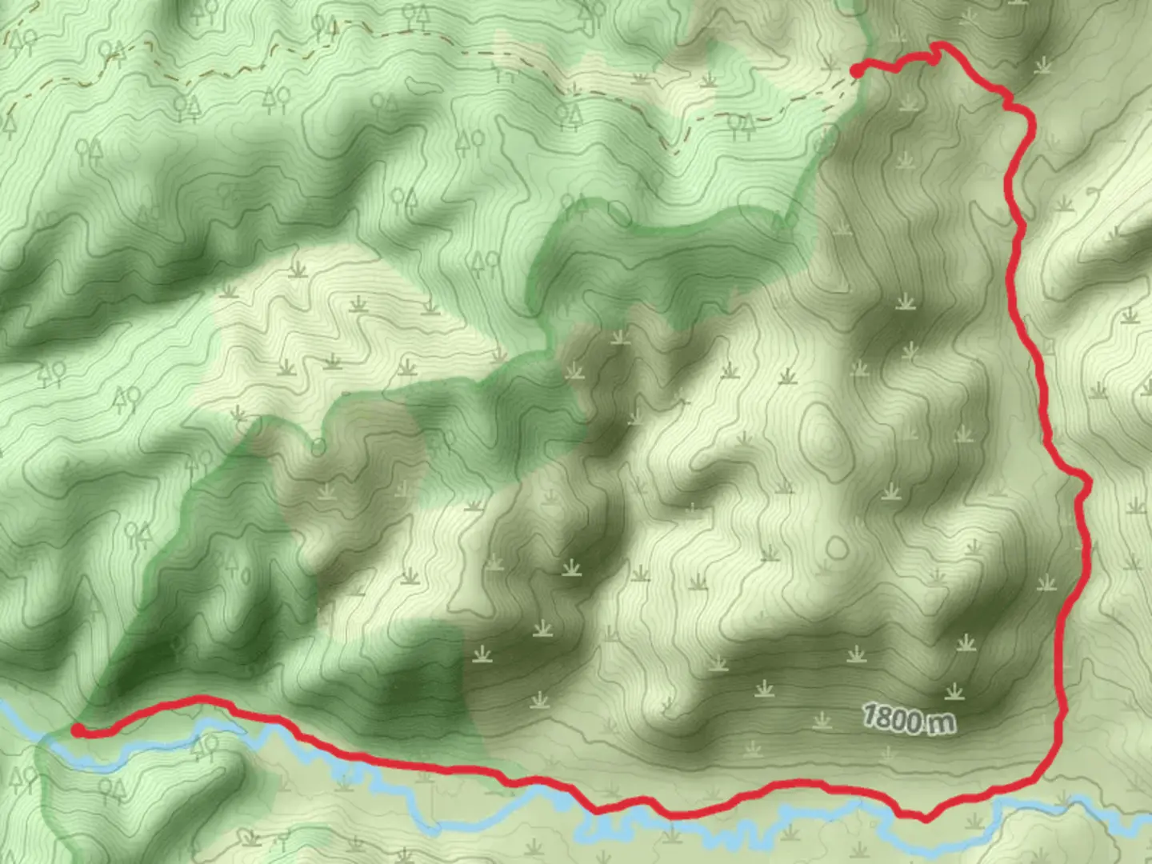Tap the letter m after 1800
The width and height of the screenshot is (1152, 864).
[941, 723]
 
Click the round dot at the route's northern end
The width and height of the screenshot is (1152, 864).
[857, 72]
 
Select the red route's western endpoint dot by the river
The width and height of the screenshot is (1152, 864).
[78, 730]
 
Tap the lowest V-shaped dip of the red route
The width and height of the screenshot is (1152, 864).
[924, 818]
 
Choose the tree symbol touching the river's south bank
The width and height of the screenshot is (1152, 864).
[205, 747]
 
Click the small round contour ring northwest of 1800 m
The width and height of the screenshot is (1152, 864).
[837, 547]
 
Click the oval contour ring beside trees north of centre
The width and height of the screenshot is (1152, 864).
[618, 214]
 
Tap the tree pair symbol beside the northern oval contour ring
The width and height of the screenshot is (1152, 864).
[575, 206]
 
